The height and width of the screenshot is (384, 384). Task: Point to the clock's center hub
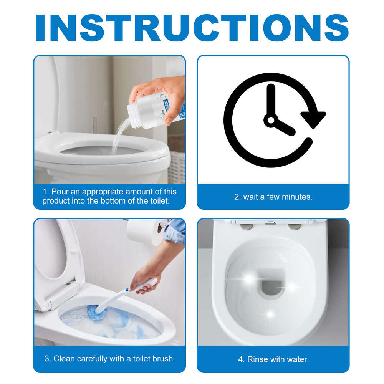[271, 121]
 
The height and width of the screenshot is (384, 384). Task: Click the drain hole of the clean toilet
[272, 286]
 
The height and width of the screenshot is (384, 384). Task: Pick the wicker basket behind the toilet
[177, 167]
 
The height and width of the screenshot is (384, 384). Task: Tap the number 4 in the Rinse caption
[240, 359]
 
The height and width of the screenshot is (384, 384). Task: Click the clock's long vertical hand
[271, 100]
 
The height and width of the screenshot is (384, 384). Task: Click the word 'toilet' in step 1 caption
[158, 201]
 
